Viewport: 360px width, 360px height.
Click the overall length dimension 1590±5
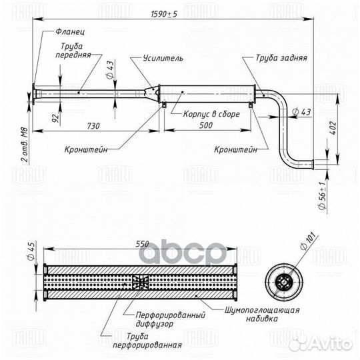click(164, 14)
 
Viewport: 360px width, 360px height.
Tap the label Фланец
click(70, 31)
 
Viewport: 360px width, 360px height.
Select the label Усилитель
click(163, 58)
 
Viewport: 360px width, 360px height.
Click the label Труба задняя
click(281, 57)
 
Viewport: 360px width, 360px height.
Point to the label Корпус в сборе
click(211, 114)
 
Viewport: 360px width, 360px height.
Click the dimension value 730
click(93, 126)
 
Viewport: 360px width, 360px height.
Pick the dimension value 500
click(206, 125)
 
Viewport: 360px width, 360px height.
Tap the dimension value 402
click(334, 128)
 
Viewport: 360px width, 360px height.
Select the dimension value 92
click(55, 118)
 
